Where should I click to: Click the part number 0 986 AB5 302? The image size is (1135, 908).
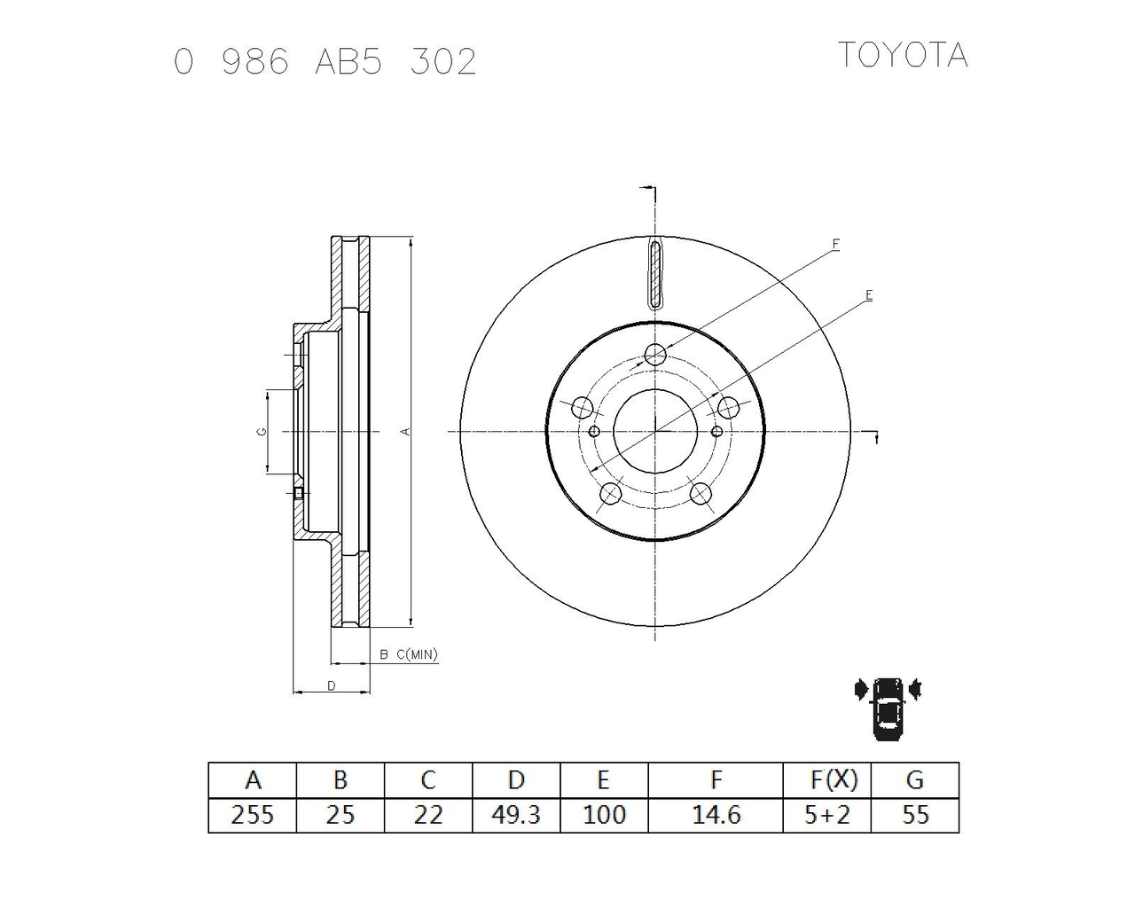325,61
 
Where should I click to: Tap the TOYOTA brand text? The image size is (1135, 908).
903,55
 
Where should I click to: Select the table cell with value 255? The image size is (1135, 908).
252,815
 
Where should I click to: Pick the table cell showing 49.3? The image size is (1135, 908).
516,815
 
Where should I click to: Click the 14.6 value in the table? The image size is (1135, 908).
716,815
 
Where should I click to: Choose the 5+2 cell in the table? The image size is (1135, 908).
827,815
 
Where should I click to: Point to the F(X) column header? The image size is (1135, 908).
834,779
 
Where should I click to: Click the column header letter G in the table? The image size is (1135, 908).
915,779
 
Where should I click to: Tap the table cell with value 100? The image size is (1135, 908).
604,815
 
